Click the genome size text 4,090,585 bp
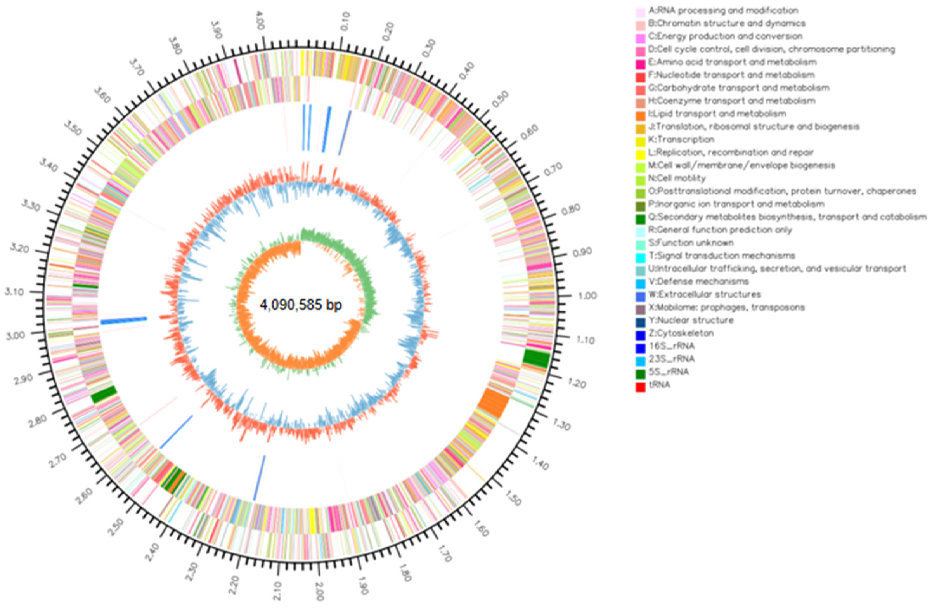(301, 305)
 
